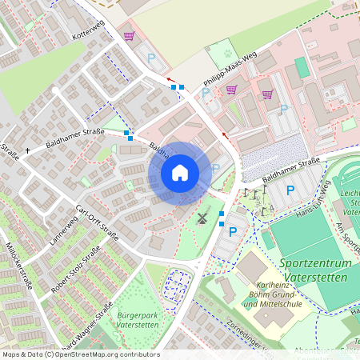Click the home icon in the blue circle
click(180, 172)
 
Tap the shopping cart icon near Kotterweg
click(130, 37)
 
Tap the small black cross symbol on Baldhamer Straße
click(27, 150)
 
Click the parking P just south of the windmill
click(233, 232)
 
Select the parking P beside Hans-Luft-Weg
click(290, 190)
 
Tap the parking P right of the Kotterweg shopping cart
click(150, 58)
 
